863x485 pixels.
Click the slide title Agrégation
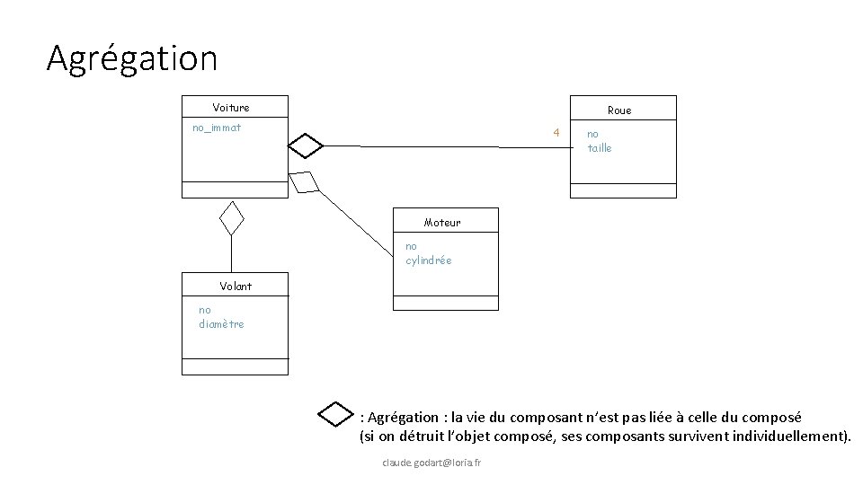click(132, 59)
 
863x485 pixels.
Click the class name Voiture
click(231, 108)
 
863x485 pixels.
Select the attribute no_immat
click(217, 128)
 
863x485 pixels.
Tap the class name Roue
click(619, 110)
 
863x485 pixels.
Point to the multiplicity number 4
click(556, 132)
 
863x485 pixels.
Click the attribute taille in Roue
click(600, 148)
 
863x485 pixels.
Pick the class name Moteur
click(442, 223)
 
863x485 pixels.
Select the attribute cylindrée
click(429, 260)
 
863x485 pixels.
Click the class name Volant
click(236, 287)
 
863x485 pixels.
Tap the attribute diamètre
click(221, 324)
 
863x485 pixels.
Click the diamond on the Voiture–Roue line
click(306, 145)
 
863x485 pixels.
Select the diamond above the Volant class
click(233, 217)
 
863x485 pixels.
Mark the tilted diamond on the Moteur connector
click(304, 181)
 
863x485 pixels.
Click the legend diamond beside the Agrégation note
click(336, 414)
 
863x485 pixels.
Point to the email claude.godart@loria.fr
click(431, 463)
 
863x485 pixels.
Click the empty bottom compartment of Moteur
click(446, 303)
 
